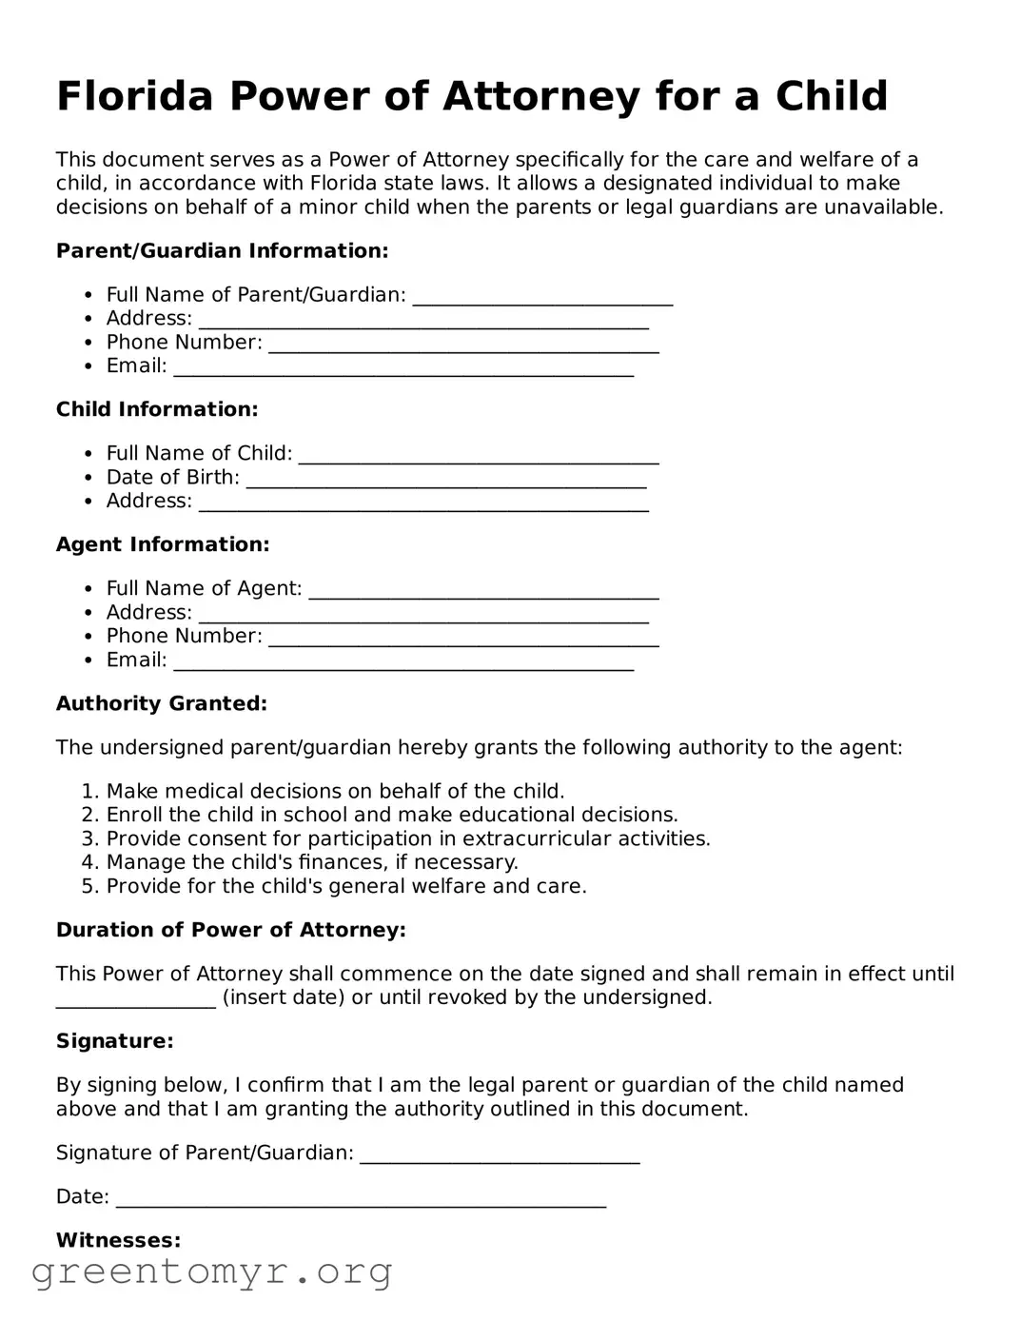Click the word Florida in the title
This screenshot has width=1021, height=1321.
134,96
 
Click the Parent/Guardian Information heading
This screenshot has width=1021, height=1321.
222,250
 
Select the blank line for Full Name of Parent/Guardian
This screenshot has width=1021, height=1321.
542,297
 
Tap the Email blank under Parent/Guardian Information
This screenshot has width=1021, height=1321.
403,368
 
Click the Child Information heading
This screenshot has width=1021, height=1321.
157,409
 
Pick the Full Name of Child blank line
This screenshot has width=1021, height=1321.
478,456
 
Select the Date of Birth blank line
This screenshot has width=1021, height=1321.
445,480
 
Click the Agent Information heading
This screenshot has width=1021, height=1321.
163,544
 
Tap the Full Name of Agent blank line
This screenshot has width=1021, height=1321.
483,591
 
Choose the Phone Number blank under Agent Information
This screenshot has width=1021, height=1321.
463,639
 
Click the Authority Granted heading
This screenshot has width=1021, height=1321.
162,703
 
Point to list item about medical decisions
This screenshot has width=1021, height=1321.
335,791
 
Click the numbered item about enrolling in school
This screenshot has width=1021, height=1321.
391,815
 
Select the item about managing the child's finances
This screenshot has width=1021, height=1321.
311,862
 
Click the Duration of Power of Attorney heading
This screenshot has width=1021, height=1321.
231,930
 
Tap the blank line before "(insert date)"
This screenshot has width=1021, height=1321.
135,999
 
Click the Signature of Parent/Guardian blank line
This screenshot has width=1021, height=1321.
500,1155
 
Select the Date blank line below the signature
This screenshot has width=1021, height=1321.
361,1199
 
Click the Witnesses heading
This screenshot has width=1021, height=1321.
118,1240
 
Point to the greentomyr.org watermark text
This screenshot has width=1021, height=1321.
212,1272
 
